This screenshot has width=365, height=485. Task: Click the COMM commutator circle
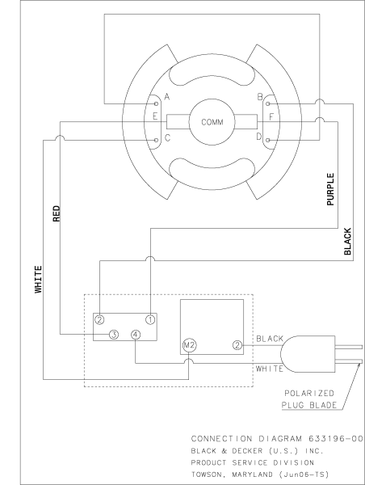tap(212, 122)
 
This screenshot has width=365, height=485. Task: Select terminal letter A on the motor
tap(166, 97)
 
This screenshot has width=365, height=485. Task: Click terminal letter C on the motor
tap(166, 137)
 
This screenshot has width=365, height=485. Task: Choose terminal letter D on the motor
tap(258, 137)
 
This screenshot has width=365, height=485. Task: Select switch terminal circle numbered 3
tap(114, 334)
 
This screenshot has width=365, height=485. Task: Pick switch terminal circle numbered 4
tap(135, 334)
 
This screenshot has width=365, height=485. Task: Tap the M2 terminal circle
tap(189, 344)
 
